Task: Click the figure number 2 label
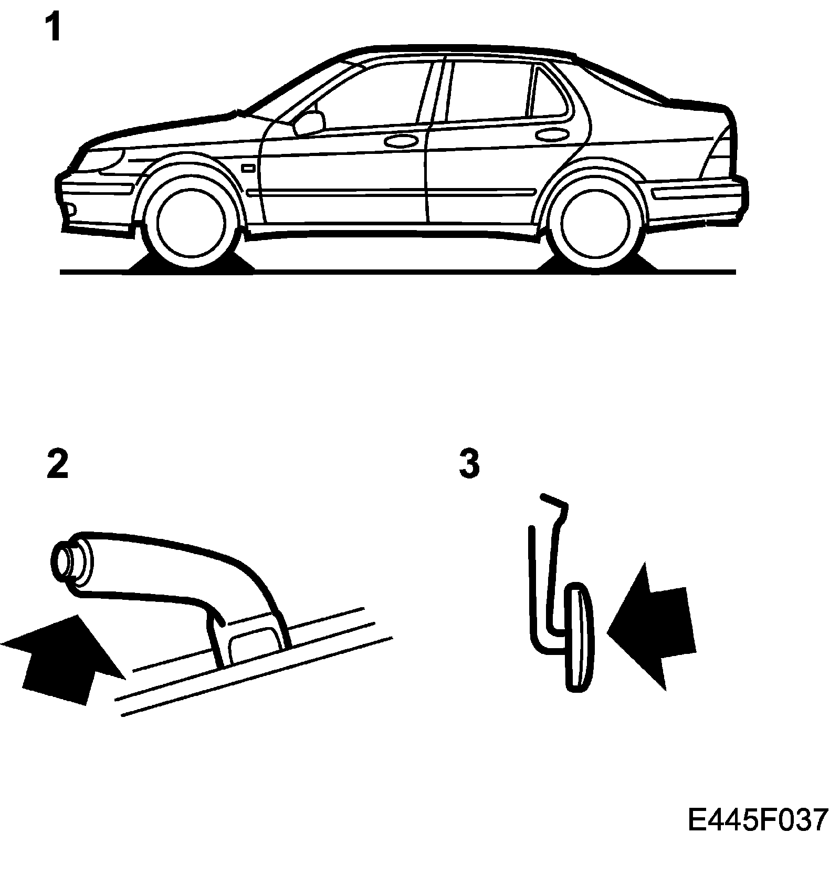(57, 464)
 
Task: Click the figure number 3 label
(469, 464)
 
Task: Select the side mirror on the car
(310, 123)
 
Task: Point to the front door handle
(399, 141)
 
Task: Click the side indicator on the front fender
(248, 168)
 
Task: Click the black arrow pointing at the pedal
(654, 625)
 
